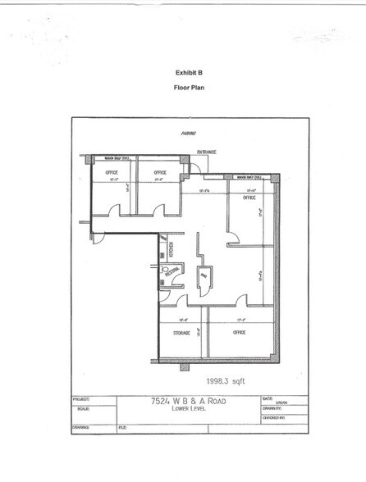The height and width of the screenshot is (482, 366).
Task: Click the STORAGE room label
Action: click(182, 333)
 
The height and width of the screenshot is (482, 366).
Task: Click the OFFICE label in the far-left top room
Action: click(112, 173)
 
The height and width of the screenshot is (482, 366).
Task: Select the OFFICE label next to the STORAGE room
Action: click(240, 332)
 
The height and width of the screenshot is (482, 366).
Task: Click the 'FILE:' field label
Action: click(123, 427)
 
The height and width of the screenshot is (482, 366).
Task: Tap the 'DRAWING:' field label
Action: click(80, 427)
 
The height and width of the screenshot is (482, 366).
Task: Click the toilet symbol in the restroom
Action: click(167, 270)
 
